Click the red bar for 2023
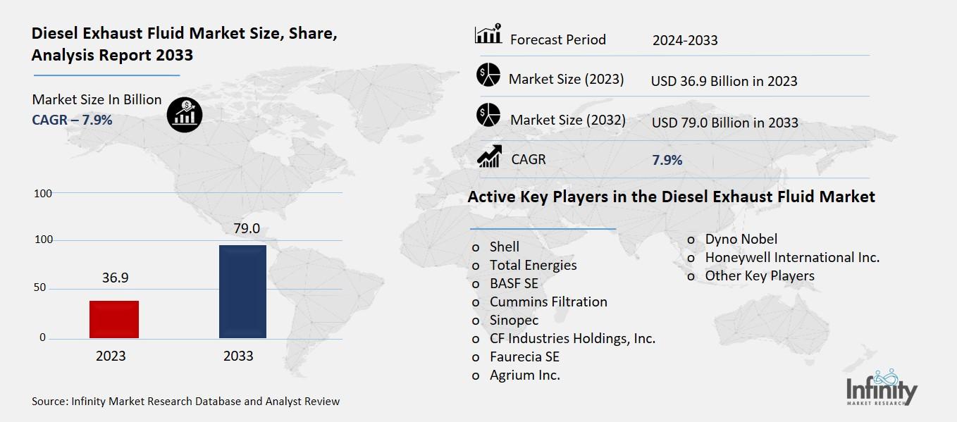click(x=114, y=319)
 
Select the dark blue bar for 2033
click(x=242, y=292)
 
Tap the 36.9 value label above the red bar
click(x=115, y=278)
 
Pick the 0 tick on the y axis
click(x=42, y=337)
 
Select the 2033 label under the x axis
click(x=238, y=356)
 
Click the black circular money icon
click(x=185, y=113)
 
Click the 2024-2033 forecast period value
click(x=685, y=40)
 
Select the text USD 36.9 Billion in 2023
click(x=724, y=81)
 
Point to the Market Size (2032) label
click(x=568, y=120)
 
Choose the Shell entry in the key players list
click(x=505, y=247)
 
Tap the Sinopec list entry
click(x=514, y=320)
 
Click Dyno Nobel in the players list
click(x=741, y=240)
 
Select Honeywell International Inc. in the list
click(x=792, y=258)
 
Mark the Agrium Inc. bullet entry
click(x=525, y=375)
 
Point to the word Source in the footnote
click(x=49, y=402)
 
